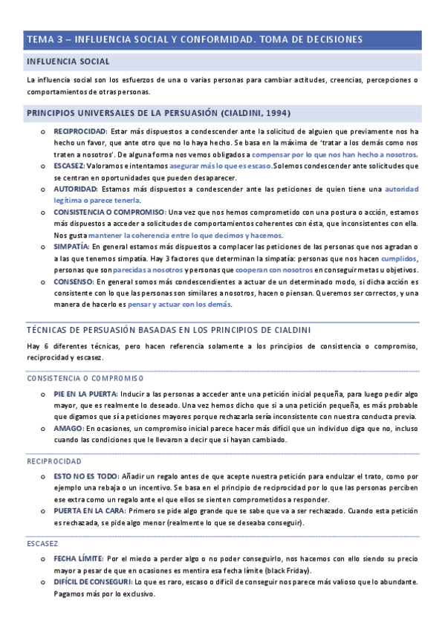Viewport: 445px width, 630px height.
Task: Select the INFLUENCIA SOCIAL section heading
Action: tap(68, 61)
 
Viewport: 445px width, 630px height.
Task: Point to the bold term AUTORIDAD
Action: tap(75, 189)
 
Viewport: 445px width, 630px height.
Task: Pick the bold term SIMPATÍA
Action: tap(71, 246)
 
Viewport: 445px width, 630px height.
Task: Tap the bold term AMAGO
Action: tap(69, 429)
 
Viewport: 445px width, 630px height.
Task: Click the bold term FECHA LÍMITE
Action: tap(78, 558)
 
